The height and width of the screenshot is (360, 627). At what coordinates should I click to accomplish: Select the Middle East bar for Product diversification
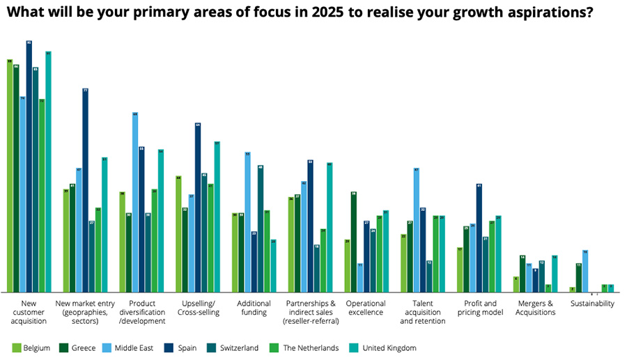click(135, 202)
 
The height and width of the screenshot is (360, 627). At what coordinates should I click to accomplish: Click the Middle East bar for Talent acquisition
click(417, 230)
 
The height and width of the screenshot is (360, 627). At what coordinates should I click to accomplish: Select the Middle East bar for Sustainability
click(585, 271)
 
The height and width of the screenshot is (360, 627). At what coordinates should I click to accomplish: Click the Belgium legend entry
click(32, 347)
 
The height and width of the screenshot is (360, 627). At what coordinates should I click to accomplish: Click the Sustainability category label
click(592, 304)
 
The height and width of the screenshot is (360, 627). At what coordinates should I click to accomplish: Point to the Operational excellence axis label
click(365, 308)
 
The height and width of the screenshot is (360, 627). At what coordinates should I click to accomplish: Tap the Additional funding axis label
click(253, 308)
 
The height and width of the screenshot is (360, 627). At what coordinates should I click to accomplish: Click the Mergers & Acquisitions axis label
click(535, 308)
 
